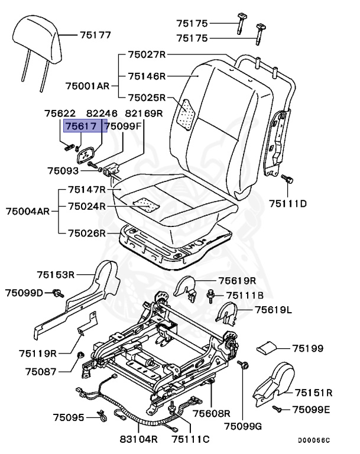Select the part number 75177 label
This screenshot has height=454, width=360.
(x=95, y=35)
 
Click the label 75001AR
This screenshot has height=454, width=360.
(x=86, y=85)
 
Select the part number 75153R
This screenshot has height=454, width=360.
(x=55, y=274)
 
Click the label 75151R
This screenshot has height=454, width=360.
(x=313, y=392)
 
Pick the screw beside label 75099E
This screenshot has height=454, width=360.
(x=277, y=408)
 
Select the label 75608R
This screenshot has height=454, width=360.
(x=211, y=413)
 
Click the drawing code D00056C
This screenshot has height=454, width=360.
(x=313, y=440)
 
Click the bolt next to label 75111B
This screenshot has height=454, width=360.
(x=210, y=293)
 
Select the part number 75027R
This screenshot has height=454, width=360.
(x=147, y=55)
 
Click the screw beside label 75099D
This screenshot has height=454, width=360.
(x=58, y=292)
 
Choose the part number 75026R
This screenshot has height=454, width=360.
(x=86, y=233)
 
